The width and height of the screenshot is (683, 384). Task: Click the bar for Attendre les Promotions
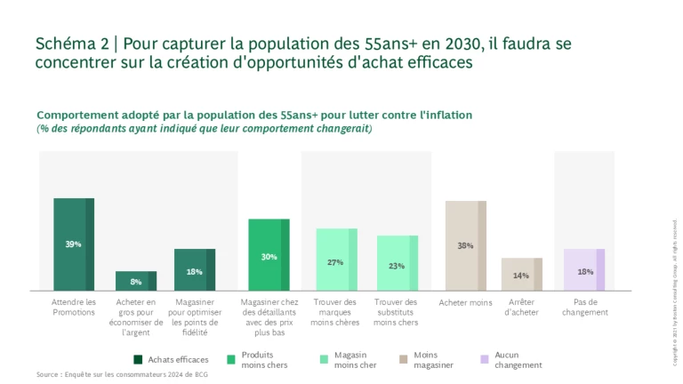pos(73,244)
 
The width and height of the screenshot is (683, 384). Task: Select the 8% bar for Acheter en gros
pos(135,281)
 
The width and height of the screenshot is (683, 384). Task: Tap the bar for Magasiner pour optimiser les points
pos(194,269)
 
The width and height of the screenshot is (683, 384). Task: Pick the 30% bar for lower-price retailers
pos(269,254)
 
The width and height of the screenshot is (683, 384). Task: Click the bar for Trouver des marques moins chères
pos(336,259)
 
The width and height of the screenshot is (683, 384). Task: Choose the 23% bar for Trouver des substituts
pos(397,262)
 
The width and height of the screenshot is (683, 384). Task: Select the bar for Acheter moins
pos(465,245)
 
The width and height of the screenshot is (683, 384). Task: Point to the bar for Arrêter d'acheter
pos(521,274)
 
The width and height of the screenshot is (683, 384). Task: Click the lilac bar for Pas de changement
pos(584,269)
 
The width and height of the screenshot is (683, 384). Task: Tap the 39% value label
pos(73,244)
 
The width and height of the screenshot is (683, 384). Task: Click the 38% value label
pos(465,245)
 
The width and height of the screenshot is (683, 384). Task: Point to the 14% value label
pos(521,276)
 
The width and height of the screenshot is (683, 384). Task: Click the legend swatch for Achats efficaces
pos(138,359)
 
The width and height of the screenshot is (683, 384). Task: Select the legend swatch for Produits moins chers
pos(230,359)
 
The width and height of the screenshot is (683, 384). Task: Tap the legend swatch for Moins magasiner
pos(404,359)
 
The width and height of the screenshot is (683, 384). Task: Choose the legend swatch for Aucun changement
pos(484,359)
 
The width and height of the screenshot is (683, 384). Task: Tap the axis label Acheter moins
pos(465,303)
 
